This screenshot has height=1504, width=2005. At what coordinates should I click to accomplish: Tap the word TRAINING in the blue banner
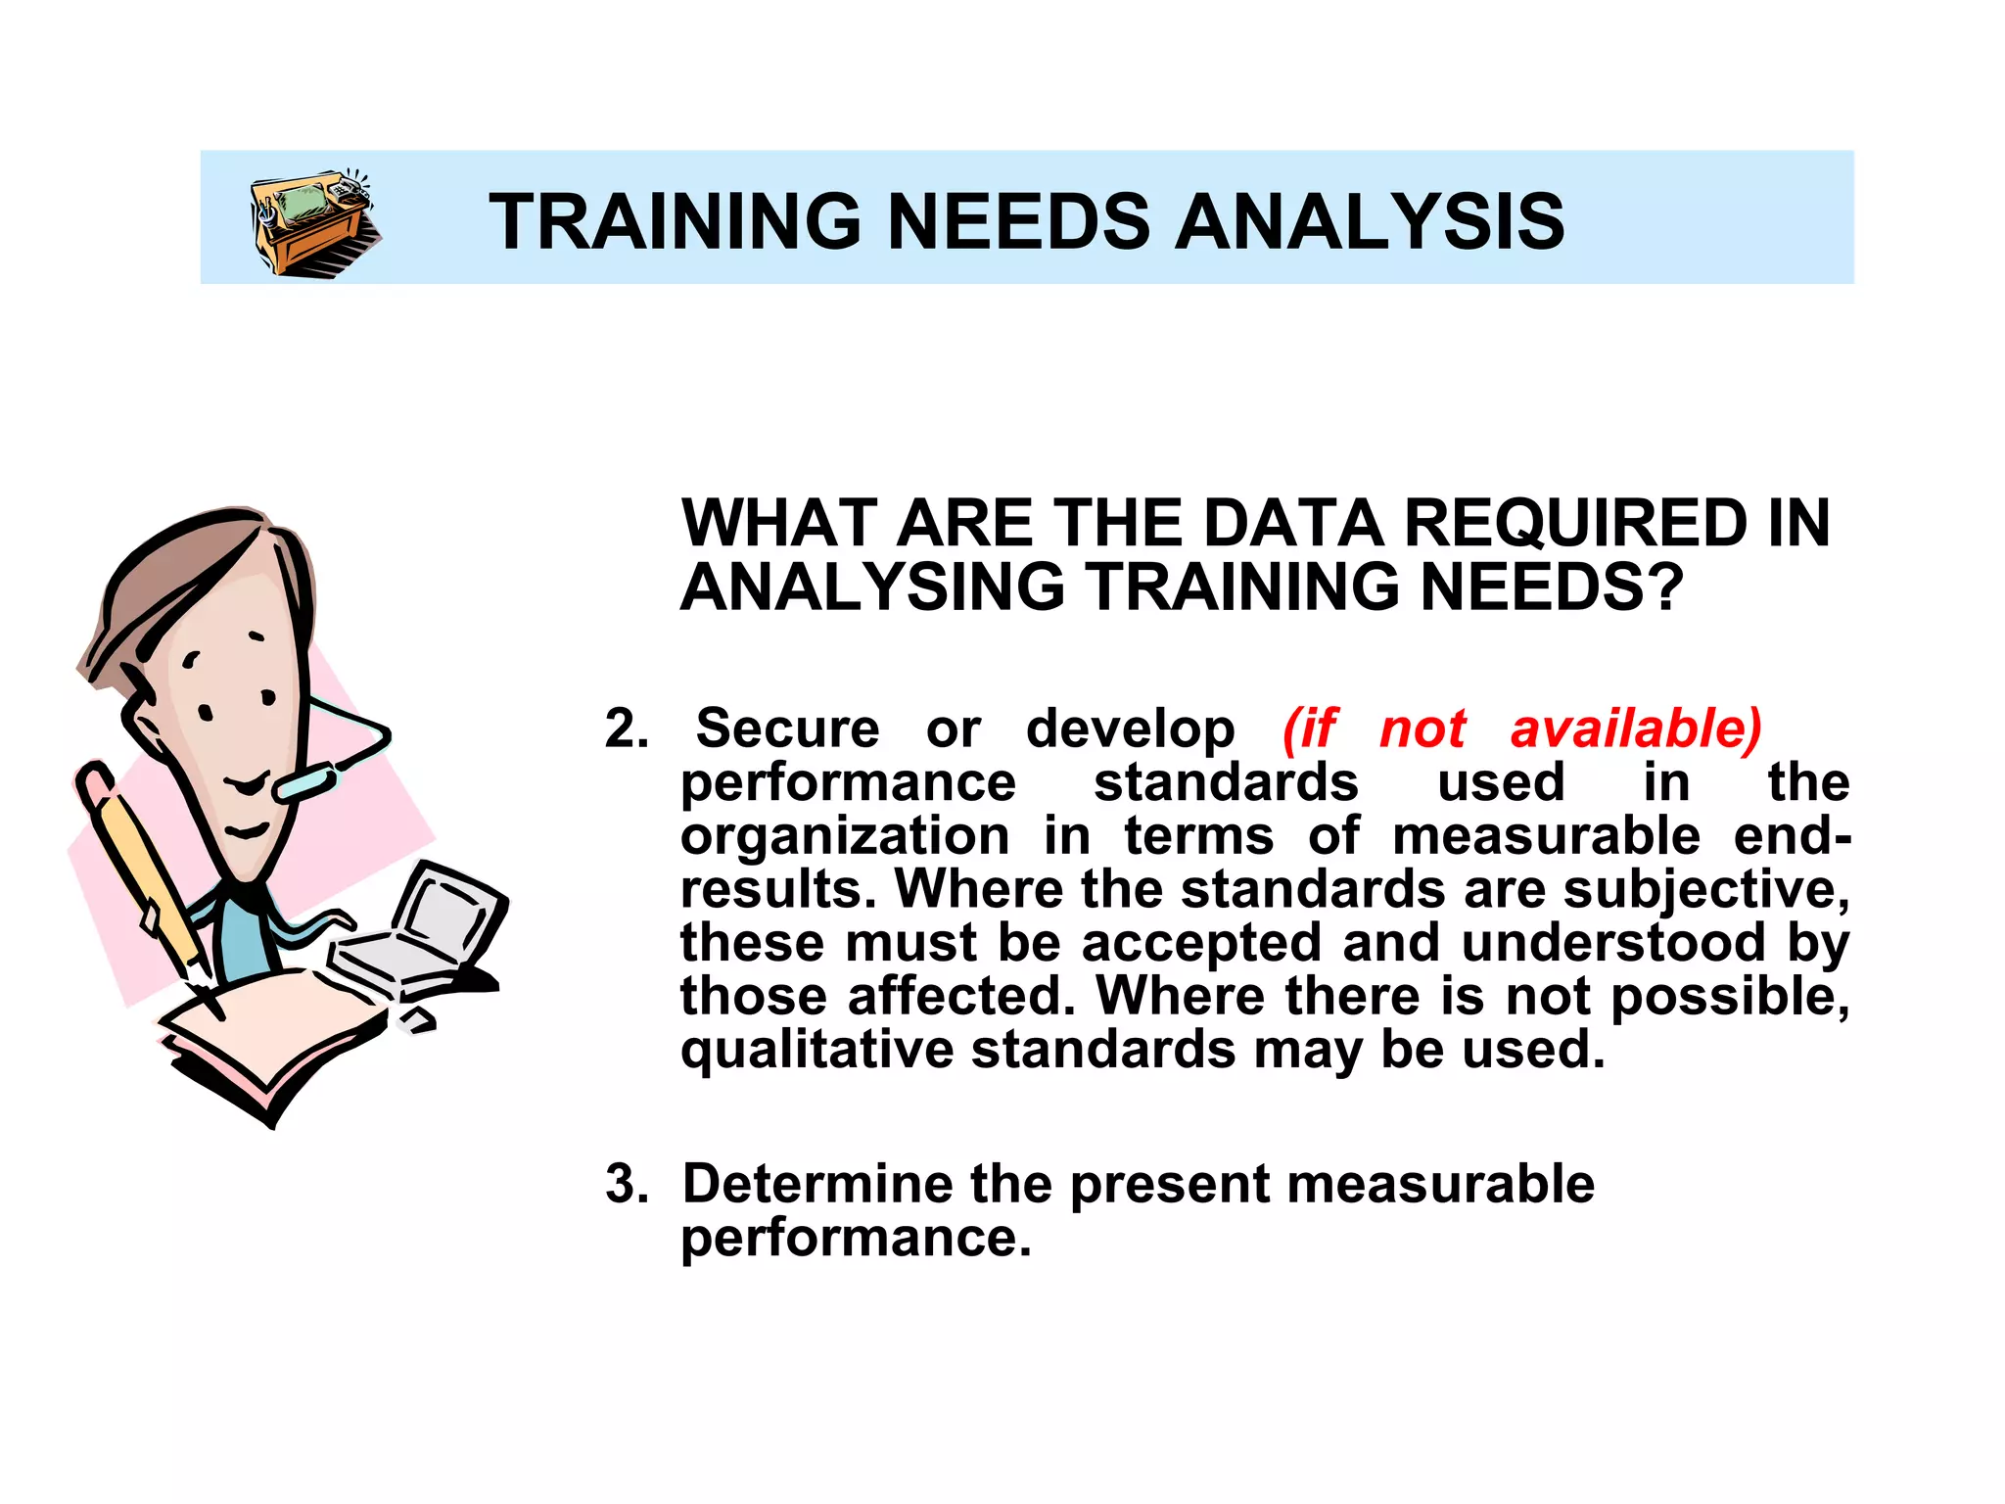tap(675, 222)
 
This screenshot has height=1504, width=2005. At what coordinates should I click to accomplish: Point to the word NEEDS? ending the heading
tap(1551, 587)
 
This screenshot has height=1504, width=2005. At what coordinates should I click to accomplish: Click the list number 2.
tap(626, 729)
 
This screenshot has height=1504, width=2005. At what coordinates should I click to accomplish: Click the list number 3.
tap(626, 1184)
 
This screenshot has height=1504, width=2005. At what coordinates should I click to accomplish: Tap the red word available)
tap(1635, 729)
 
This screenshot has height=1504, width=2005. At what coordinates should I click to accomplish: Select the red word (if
tap(1310, 729)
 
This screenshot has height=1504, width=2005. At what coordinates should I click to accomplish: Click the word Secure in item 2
tap(787, 729)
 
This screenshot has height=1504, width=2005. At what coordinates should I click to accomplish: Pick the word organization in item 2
tap(845, 837)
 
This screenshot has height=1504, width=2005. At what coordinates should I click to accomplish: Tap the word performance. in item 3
tap(856, 1238)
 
